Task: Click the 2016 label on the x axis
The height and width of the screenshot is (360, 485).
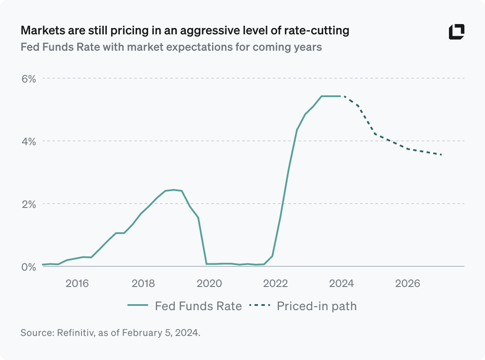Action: pyautogui.click(x=77, y=284)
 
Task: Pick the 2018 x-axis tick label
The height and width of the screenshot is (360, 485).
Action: pyautogui.click(x=143, y=284)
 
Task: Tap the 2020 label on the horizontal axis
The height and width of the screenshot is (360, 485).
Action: pyautogui.click(x=209, y=284)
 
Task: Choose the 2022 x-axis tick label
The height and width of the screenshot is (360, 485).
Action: pyautogui.click(x=275, y=284)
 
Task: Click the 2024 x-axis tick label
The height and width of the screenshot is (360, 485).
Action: pyautogui.click(x=341, y=284)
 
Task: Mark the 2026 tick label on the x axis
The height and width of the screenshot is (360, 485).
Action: pyautogui.click(x=407, y=284)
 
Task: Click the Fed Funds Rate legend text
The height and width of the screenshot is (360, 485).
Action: pyautogui.click(x=198, y=306)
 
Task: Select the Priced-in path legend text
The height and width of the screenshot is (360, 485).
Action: pyautogui.click(x=317, y=306)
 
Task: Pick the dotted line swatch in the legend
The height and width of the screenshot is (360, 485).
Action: pyautogui.click(x=259, y=306)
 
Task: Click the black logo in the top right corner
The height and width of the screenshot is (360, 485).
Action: pyautogui.click(x=457, y=32)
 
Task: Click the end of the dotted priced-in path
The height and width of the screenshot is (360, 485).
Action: pyautogui.click(x=442, y=155)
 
